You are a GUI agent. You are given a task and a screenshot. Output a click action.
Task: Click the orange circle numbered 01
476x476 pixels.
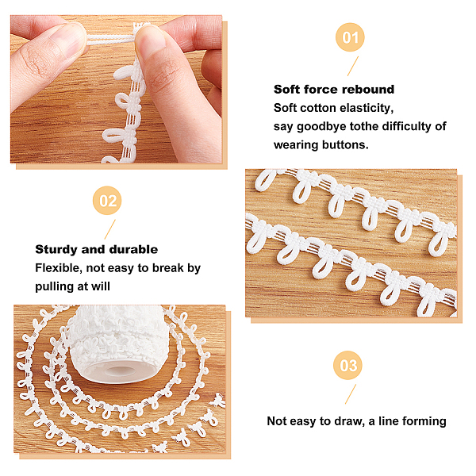[350, 37]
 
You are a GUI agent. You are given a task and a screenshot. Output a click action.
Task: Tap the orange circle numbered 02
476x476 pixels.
[107, 201]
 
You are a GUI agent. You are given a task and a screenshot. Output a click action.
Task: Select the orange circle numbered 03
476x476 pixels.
[347, 365]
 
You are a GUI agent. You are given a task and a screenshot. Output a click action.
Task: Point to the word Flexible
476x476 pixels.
[59, 268]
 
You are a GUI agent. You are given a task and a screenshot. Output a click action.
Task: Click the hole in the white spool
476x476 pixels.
[117, 371]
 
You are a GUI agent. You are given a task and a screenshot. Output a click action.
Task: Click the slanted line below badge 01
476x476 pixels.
[353, 66]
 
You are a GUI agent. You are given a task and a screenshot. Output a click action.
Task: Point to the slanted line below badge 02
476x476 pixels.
[110, 229]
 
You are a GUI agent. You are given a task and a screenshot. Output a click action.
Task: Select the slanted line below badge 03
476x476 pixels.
[351, 394]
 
